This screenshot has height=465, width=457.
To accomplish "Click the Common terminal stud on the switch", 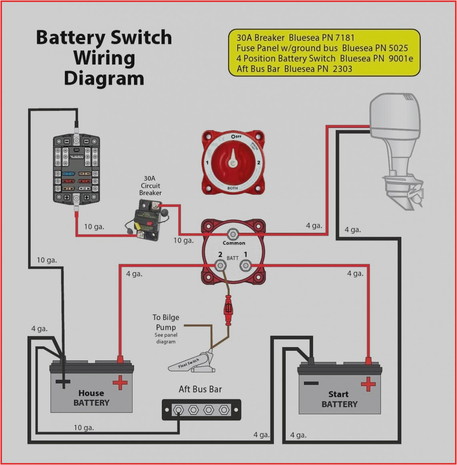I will point(233,234).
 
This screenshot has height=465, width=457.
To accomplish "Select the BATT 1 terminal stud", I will point(245,265).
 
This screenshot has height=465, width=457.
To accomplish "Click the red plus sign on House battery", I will point(120,383).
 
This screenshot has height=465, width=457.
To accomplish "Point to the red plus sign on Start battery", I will point(368,384).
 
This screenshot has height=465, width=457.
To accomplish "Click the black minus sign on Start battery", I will point(311,383).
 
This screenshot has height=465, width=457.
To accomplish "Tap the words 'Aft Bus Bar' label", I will point(200,389).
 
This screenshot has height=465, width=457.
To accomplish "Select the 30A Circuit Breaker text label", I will point(150,186).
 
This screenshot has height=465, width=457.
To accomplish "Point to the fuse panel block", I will point(76,169).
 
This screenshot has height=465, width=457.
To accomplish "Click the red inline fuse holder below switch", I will point(228,309).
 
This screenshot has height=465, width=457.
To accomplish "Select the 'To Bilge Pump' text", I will point(166,322).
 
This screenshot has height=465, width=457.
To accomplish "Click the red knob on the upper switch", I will point(232,162).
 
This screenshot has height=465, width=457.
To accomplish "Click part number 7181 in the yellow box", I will point(345,38).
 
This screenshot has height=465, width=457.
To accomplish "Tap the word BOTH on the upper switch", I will point(233,188).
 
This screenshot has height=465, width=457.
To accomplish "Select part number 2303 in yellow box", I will point(342,69).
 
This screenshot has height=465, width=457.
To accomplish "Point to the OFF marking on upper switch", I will point(237,137).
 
